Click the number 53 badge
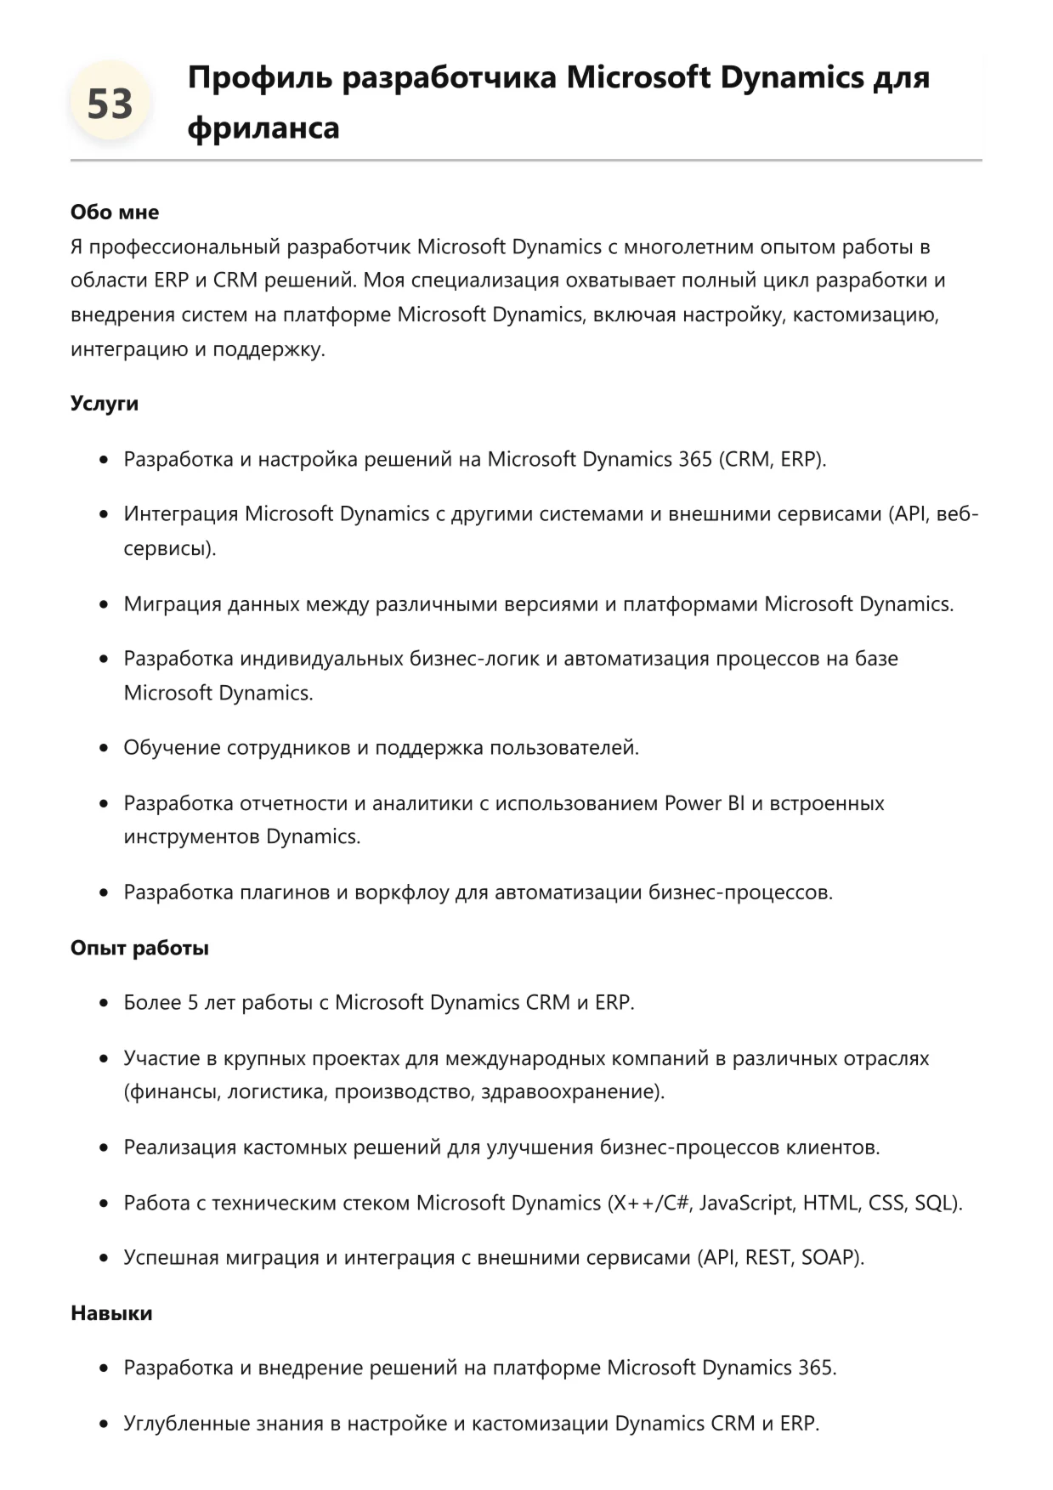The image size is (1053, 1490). click(x=110, y=105)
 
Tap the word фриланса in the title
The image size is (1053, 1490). click(x=263, y=128)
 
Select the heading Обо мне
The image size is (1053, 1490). click(x=115, y=212)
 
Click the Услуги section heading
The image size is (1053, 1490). click(x=104, y=403)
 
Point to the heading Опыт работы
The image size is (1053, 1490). click(x=139, y=948)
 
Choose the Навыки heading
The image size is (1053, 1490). click(x=111, y=1313)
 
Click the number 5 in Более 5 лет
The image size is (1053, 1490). click(x=193, y=1003)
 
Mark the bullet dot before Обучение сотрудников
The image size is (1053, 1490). click(x=104, y=749)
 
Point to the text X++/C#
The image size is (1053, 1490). click(x=649, y=1203)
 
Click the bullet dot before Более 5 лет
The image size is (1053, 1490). click(x=104, y=1004)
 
